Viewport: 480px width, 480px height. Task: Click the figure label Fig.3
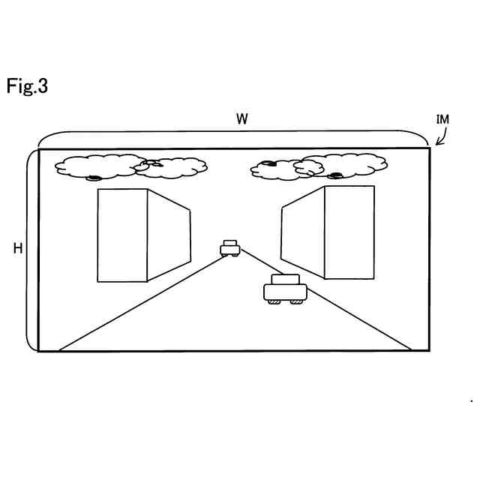tap(27, 86)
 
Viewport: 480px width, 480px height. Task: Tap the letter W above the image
tap(241, 119)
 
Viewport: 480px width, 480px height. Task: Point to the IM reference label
tap(442, 120)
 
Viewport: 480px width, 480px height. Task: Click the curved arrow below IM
tap(441, 136)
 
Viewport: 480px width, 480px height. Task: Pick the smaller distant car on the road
tap(230, 247)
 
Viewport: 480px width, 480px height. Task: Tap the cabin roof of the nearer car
tap(285, 280)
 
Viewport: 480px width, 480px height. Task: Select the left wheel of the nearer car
tap(275, 301)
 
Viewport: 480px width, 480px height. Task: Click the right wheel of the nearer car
tap(298, 301)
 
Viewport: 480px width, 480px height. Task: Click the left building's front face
tap(122, 235)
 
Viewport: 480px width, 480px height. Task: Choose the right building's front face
tap(349, 232)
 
